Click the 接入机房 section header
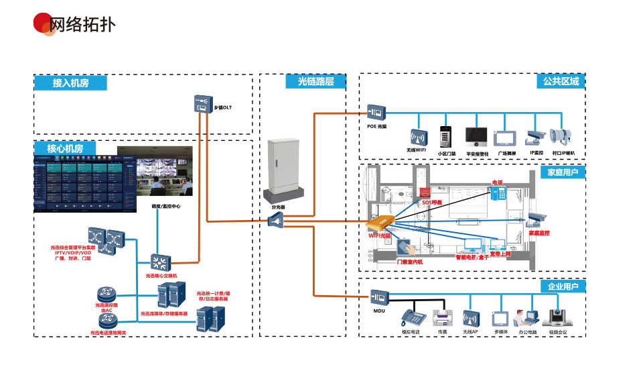(70, 83)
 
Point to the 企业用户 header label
(563, 286)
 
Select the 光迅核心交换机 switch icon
(161, 262)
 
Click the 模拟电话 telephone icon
(410, 317)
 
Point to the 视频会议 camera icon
(557, 317)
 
